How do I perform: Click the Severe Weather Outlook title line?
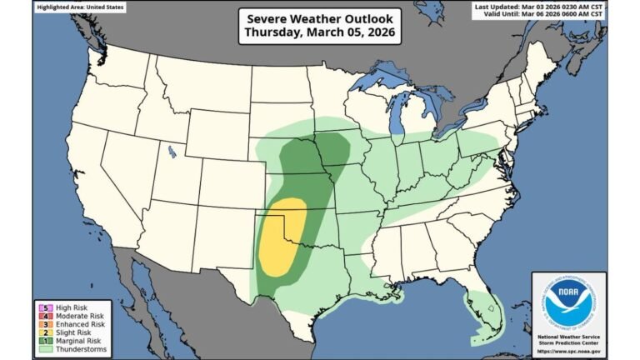point(320,19)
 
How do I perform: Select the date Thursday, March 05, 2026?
point(320,34)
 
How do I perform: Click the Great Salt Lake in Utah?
point(171,152)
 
